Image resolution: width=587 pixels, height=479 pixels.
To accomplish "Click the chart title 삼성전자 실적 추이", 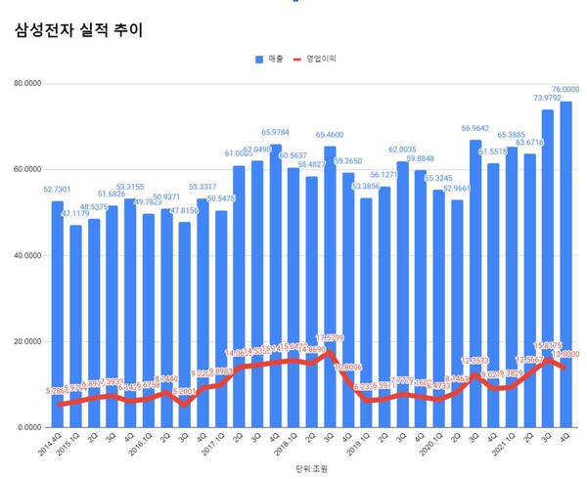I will tap(79, 30).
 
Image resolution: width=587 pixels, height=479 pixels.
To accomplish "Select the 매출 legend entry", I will tap(269, 60).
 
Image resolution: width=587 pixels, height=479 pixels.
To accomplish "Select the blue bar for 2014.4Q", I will tap(58, 313).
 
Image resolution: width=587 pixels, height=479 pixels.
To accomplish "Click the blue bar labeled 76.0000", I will tap(566, 264).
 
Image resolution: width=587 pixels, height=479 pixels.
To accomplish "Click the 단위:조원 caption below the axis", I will tap(311, 469).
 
